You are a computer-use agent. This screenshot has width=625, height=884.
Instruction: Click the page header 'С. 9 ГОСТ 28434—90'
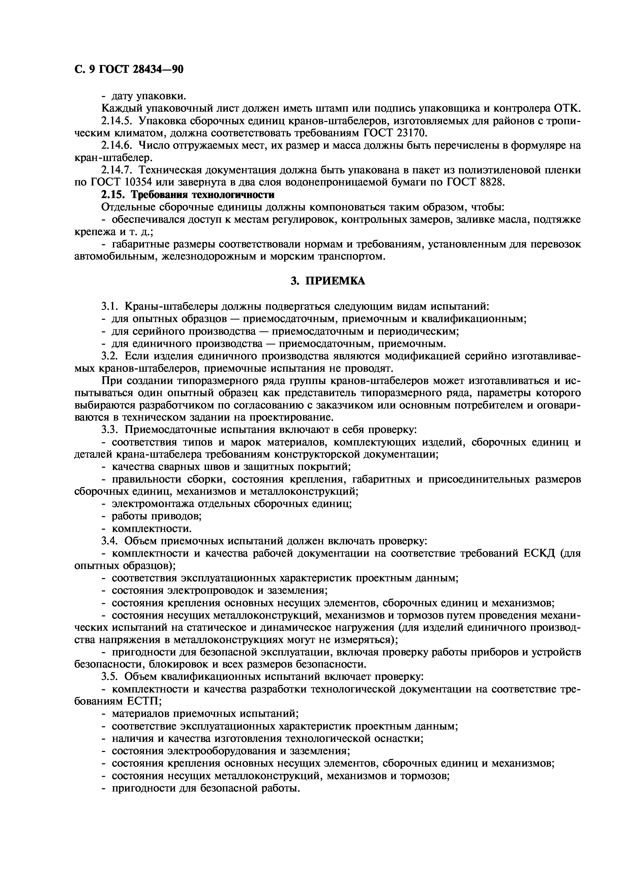click(129, 69)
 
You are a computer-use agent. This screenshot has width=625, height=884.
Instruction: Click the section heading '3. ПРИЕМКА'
click(328, 281)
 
